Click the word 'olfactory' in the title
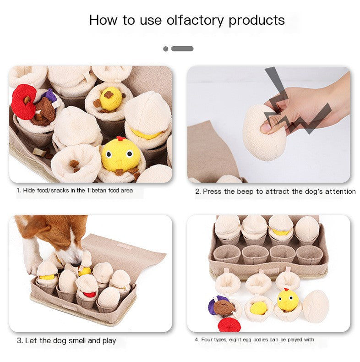(x=195, y=21)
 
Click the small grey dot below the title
(x=165, y=49)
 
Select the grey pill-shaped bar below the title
(x=182, y=49)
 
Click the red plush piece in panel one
(x=23, y=102)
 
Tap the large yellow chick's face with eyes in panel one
(x=120, y=154)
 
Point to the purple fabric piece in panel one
(x=50, y=95)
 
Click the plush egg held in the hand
(x=263, y=133)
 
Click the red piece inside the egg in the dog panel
(x=89, y=294)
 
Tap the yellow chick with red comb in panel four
(x=288, y=300)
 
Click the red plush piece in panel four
(x=229, y=324)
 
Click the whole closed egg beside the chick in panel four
(x=316, y=306)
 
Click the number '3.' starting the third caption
(x=20, y=340)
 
